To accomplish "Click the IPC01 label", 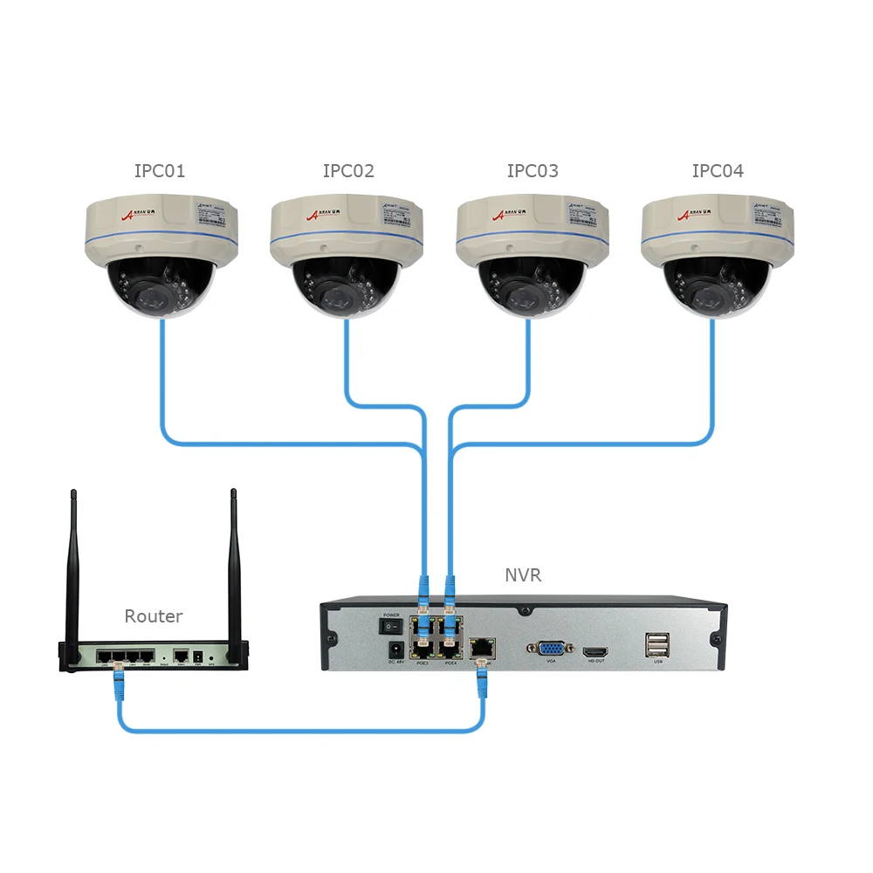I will pos(160,171).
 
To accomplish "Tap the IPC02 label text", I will pos(348,171).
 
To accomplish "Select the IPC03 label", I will pos(533,171).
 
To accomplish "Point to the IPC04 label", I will pos(718,171).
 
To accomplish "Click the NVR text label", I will pos(523,575).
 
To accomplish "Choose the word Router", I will pos(154,616).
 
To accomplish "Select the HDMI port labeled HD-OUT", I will pos(596,651).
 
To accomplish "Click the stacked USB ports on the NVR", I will pos(657,644).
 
